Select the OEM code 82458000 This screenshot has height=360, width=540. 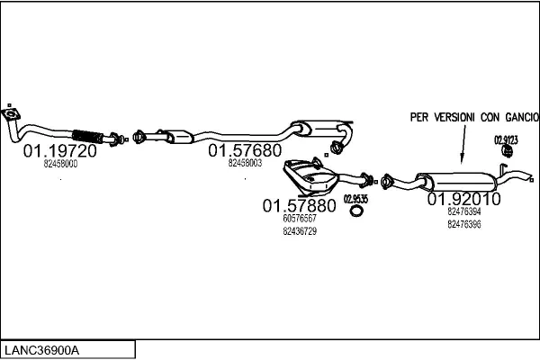[x=60, y=164]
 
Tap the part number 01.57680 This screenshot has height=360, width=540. [x=245, y=150]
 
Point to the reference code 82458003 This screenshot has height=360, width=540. [x=245, y=163]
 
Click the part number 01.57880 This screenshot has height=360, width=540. [x=299, y=205]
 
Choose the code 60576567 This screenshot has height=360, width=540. [x=299, y=219]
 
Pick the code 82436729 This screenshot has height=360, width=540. [x=299, y=231]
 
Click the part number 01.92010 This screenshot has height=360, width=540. [x=463, y=198]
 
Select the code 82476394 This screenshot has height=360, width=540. [x=464, y=211]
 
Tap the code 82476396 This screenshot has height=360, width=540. [x=464, y=224]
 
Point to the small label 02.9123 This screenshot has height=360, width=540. [x=505, y=139]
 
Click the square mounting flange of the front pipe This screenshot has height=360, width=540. [x=11, y=113]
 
